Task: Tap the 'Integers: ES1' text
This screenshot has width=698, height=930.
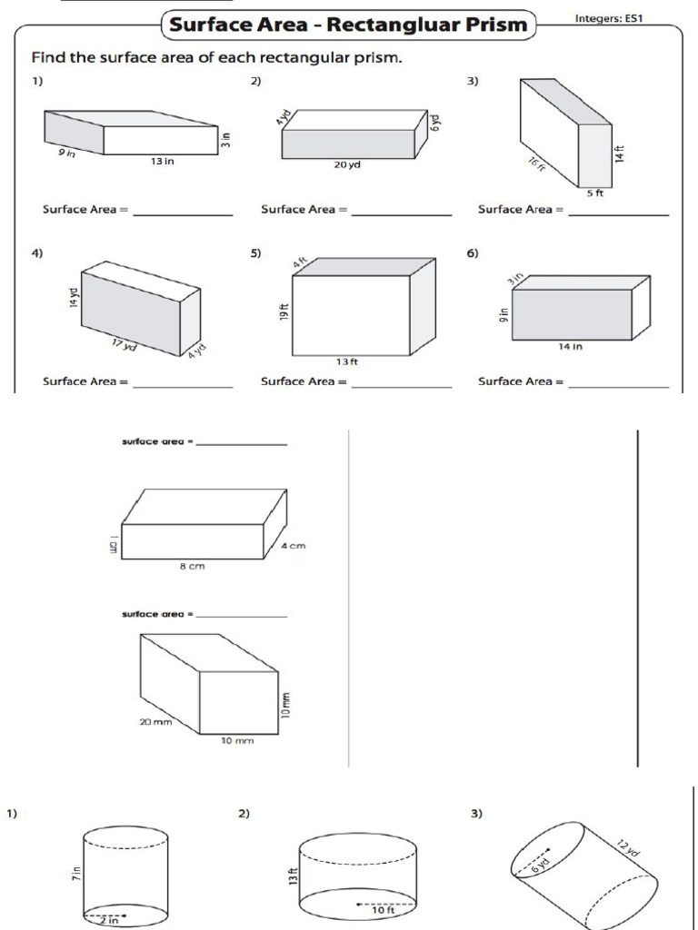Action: (x=610, y=18)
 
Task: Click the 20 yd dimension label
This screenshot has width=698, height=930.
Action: (x=347, y=166)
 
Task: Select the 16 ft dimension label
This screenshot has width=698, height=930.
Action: (x=537, y=164)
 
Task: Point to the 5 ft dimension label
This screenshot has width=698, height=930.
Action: (x=594, y=193)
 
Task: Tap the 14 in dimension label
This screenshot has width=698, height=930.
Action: (x=571, y=346)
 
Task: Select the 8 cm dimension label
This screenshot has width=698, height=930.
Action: (x=192, y=566)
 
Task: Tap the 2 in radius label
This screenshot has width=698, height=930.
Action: (x=108, y=919)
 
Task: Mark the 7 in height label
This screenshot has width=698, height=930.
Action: (x=76, y=875)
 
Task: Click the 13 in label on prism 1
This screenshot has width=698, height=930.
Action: (x=163, y=161)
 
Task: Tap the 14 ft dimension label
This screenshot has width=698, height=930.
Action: (x=621, y=154)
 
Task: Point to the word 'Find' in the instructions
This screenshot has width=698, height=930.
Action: (x=52, y=58)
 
